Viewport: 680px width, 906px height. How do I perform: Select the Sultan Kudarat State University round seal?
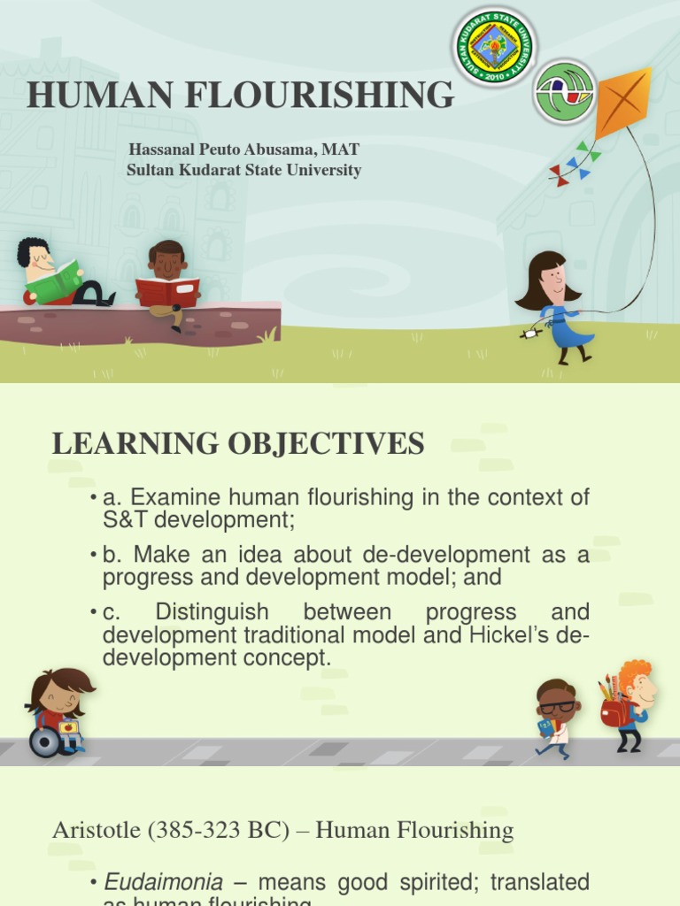coord(495,47)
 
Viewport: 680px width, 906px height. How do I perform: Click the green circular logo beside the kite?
coord(564,92)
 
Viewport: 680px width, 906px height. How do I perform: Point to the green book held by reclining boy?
coord(55,282)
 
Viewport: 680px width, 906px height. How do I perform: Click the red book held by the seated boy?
coord(167,292)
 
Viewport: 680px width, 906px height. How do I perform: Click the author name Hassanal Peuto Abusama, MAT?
coord(243,150)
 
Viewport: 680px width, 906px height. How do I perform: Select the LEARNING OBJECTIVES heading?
coord(238,444)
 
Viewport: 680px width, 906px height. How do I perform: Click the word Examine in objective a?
coord(167,497)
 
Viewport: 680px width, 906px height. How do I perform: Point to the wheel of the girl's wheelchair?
coord(44,742)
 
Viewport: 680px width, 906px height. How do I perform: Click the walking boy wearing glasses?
coord(555,717)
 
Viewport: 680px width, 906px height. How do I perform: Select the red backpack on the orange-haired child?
coord(614,711)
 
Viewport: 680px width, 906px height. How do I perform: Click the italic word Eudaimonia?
coord(164,882)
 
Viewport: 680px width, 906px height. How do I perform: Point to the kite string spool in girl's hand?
coord(529,334)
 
